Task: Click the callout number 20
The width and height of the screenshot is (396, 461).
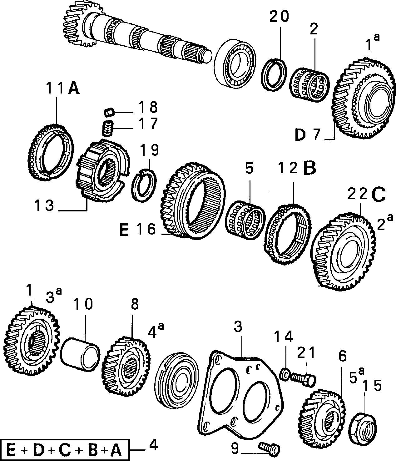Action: coord(279,17)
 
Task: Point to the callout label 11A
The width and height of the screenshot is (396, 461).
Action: coord(63,89)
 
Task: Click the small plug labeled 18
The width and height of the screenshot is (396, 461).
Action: coord(109,112)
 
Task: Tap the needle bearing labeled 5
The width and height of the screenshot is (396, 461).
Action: coord(245,220)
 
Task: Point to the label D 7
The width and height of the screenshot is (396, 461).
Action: coord(308,134)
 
